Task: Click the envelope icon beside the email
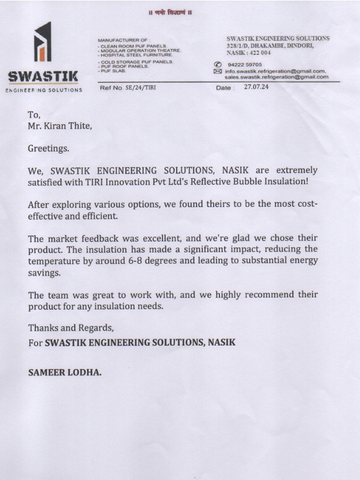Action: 218,71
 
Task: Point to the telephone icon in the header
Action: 218,64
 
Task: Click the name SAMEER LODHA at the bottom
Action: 65,372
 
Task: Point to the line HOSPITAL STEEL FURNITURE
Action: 135,55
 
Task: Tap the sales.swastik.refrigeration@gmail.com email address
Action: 277,77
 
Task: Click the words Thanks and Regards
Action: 71,329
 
